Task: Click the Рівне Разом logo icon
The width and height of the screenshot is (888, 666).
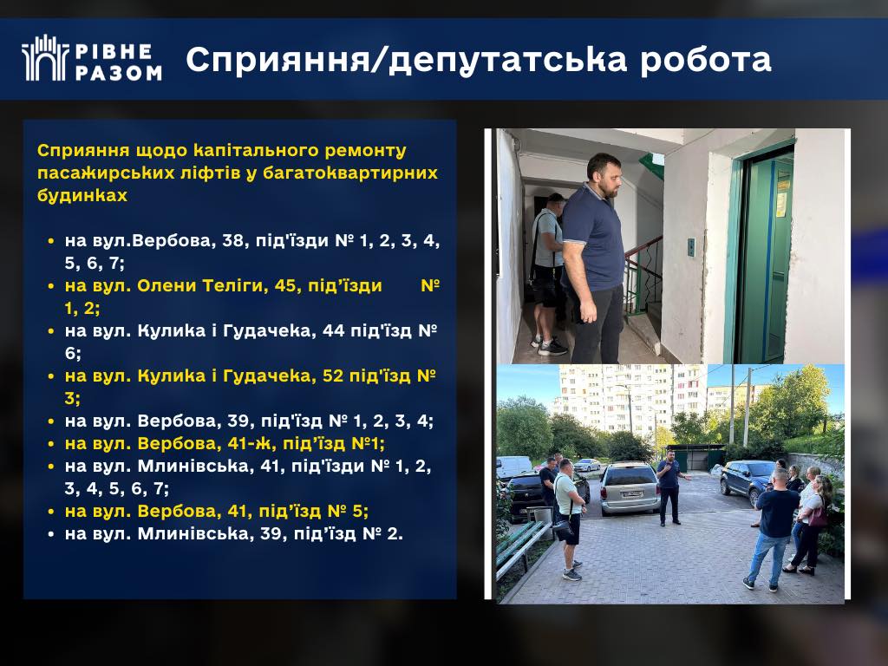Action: [45, 58]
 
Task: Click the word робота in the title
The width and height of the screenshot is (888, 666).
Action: [706, 59]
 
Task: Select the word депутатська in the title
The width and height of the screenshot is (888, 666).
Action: [508, 60]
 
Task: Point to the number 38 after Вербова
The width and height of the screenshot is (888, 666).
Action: [232, 241]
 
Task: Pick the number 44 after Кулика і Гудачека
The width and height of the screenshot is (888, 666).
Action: [333, 330]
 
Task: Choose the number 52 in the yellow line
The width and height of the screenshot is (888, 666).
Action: [333, 376]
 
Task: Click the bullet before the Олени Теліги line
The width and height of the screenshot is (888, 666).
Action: [51, 286]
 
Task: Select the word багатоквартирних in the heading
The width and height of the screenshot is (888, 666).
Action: [350, 173]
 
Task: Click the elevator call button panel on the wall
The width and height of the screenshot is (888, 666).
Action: [691, 247]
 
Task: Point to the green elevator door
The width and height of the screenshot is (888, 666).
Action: [766, 256]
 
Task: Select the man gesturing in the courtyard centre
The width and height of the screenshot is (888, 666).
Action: [670, 487]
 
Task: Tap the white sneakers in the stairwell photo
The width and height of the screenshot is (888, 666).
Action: [550, 346]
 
